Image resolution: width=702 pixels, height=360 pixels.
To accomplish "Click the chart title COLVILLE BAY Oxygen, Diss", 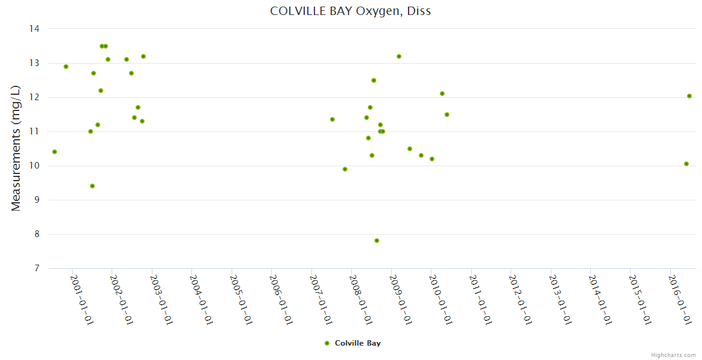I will [350, 11].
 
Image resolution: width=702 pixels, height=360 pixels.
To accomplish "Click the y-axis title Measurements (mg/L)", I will [16, 148].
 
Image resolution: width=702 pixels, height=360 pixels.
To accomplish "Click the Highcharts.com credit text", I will [673, 355].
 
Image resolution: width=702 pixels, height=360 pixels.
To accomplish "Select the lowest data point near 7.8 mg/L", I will [377, 241].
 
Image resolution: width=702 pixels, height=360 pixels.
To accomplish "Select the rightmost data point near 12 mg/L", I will [689, 96].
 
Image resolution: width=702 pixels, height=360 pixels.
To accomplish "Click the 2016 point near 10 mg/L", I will [686, 164].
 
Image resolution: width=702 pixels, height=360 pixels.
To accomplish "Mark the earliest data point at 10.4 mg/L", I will [55, 152].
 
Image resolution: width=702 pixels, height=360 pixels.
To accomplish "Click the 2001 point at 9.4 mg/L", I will [92, 186].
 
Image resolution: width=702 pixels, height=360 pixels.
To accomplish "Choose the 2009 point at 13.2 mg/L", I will [399, 56].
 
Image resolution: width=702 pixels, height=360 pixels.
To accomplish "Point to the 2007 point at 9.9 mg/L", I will [345, 169].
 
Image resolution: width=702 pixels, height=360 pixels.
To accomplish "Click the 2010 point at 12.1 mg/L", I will [442, 94].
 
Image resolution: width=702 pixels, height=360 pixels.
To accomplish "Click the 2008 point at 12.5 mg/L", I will [374, 80].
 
